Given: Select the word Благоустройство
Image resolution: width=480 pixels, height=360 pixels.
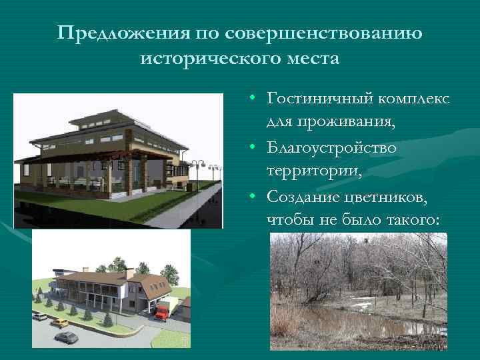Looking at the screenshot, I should click(331, 147).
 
